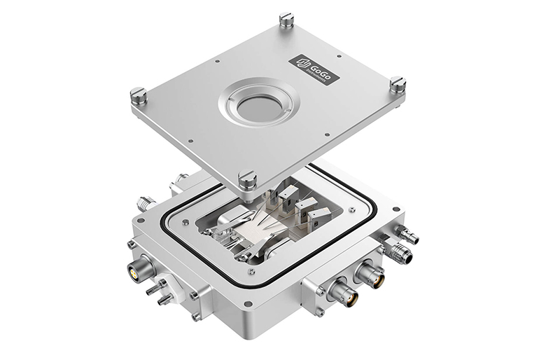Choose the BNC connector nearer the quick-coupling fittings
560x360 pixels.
pyautogui.click(x=370, y=275)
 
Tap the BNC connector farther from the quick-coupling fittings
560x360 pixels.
pyautogui.click(x=344, y=293)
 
